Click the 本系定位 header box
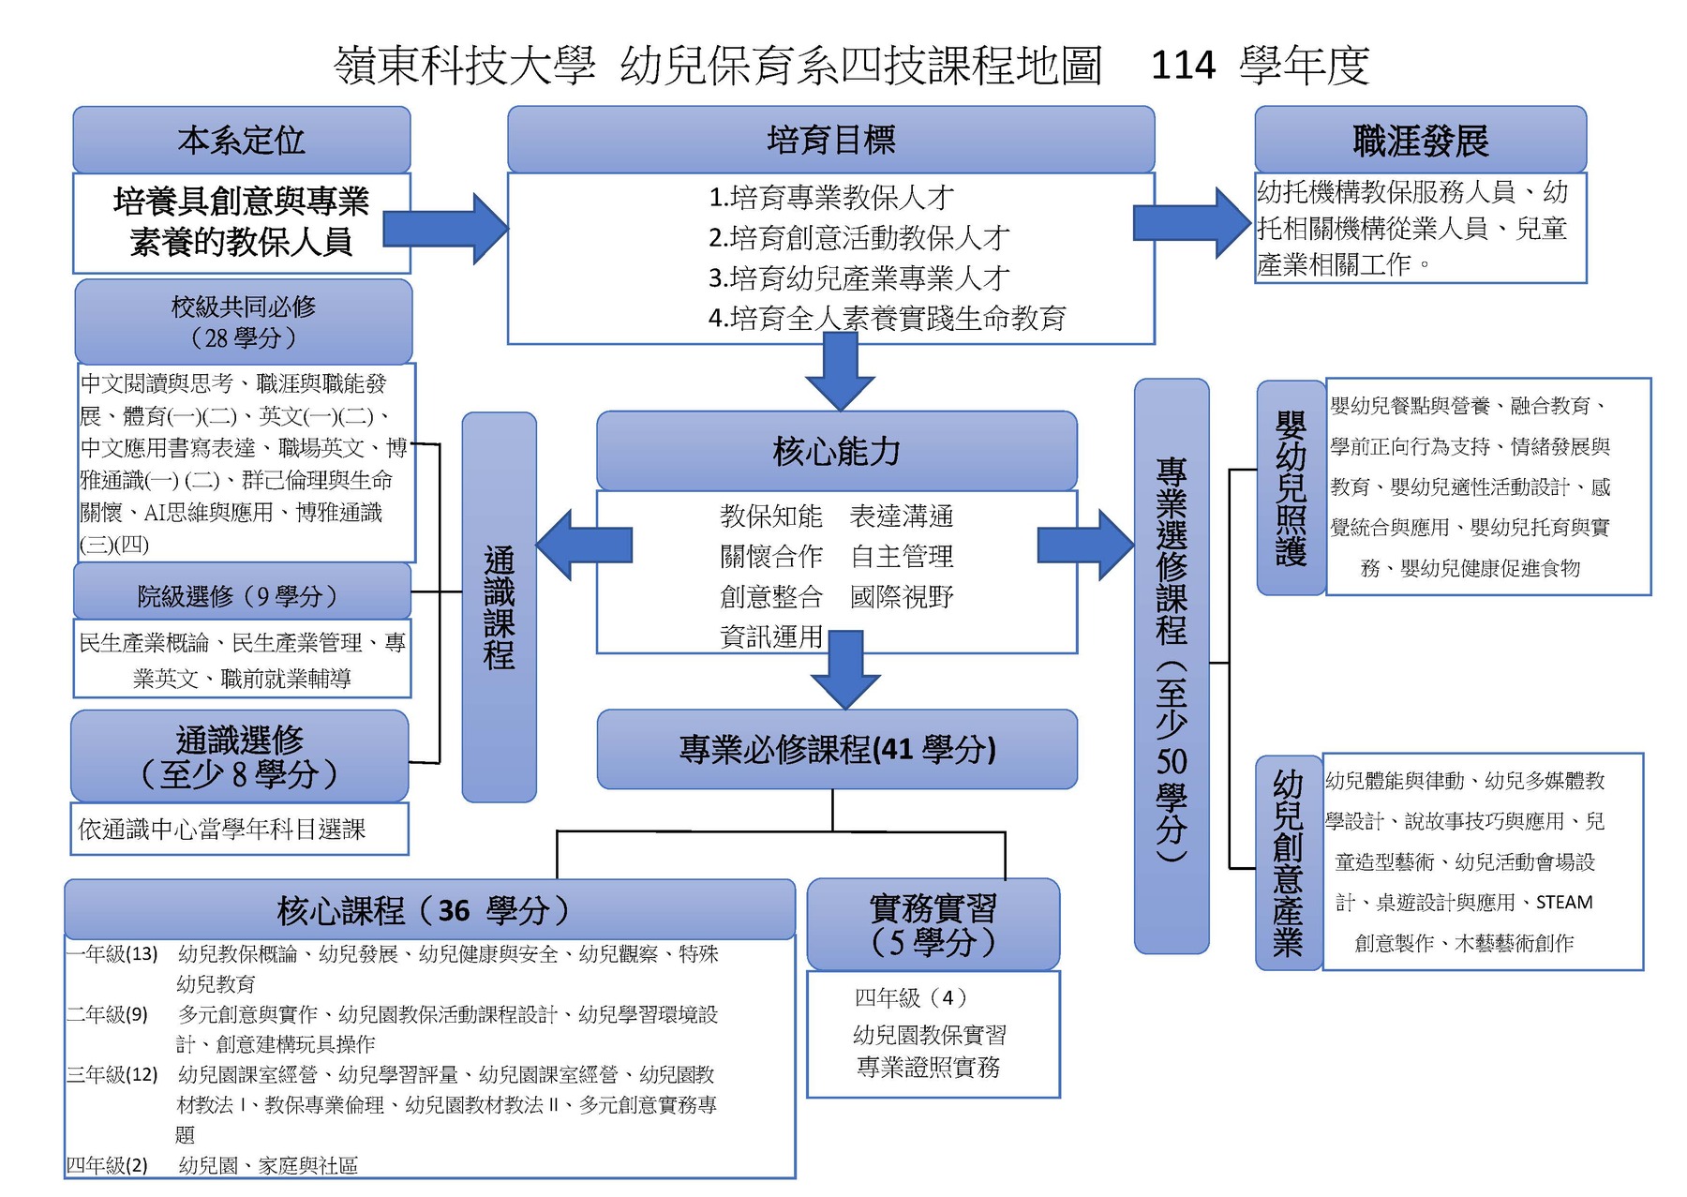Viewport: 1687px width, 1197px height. coord(242,140)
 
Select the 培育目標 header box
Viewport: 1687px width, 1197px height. coord(830,140)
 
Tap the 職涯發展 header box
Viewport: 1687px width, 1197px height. coord(1420,141)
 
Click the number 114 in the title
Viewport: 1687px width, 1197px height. coord(1183,66)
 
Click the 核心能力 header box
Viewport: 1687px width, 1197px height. coord(836,451)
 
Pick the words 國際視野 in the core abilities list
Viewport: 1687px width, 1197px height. coord(902,597)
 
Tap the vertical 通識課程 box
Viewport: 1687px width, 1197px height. coord(500,607)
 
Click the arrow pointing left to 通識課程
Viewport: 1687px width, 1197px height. coord(583,545)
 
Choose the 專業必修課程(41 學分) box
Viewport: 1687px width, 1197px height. coord(837,749)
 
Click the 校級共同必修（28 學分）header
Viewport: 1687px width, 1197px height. coord(244,322)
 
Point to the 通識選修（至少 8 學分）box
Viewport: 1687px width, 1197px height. coord(240,756)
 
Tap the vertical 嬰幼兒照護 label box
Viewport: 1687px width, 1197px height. coord(1291,487)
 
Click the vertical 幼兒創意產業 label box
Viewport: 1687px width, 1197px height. coord(1288,862)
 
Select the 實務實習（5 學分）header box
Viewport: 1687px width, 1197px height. coord(933,923)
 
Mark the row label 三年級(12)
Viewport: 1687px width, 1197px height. coord(112,1074)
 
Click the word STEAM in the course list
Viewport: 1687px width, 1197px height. coord(1564,902)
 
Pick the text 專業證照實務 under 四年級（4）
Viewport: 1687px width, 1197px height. coord(929,1067)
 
